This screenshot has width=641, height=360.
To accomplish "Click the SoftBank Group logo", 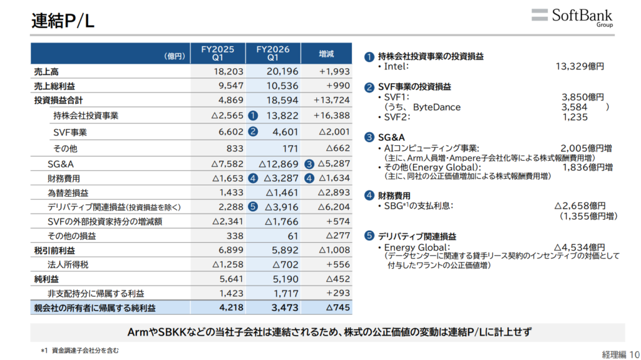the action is click(x=572, y=18).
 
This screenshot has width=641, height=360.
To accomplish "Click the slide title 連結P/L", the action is click(x=63, y=21).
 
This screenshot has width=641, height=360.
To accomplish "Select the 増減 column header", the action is click(x=326, y=54).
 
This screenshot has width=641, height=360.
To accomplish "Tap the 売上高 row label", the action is click(x=46, y=71).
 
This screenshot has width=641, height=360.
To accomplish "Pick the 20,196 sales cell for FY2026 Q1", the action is click(x=282, y=71).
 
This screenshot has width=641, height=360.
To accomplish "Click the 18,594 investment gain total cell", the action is click(x=282, y=100).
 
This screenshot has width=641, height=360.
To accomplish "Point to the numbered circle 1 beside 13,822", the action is click(x=253, y=116).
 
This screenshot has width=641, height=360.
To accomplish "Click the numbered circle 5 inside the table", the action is click(x=253, y=207).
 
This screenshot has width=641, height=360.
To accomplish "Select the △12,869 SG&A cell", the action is click(x=279, y=163).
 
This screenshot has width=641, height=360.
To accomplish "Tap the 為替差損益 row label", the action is click(x=68, y=193).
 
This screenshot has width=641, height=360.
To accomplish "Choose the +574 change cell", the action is click(x=338, y=221).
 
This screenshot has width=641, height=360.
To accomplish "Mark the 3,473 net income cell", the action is click(x=285, y=307).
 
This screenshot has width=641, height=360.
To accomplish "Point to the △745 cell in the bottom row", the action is click(x=338, y=307).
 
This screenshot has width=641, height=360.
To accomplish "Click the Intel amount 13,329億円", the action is click(x=580, y=66).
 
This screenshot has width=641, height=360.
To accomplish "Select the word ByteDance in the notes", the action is click(x=436, y=107).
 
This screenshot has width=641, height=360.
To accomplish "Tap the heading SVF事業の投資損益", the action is click(x=414, y=87).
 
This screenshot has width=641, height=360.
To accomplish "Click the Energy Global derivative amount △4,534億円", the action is click(x=580, y=247).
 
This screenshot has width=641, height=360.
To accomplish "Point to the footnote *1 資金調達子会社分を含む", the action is click(x=79, y=351).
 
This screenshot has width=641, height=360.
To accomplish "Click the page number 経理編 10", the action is click(x=620, y=354).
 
